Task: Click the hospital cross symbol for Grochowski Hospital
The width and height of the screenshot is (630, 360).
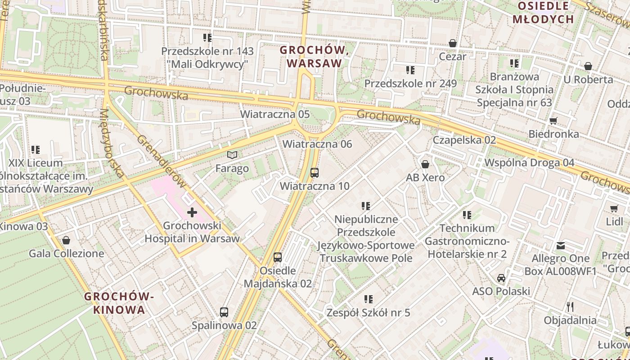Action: [x=192, y=212]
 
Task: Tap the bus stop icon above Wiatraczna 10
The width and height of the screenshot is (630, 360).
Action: [x=315, y=172]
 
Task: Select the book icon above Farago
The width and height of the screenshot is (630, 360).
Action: [x=232, y=155]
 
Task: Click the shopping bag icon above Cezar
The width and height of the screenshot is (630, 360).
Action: [x=453, y=43]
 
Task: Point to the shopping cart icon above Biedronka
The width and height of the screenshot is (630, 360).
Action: [x=553, y=121]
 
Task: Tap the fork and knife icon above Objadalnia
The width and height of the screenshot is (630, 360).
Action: [x=570, y=307]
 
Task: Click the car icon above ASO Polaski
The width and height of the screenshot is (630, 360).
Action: [x=501, y=278]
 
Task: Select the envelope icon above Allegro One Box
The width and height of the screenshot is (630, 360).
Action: [x=560, y=245]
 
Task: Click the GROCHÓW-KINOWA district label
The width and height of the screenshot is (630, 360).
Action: [x=119, y=303]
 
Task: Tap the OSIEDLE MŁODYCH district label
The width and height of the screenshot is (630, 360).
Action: [x=544, y=13]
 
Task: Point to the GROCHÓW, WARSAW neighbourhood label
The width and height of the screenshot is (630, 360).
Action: [x=315, y=57]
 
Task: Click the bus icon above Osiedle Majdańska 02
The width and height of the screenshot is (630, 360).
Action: [x=278, y=257]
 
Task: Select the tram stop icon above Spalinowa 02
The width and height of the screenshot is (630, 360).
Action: [x=224, y=312]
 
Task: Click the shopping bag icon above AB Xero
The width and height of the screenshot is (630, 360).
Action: [x=425, y=164]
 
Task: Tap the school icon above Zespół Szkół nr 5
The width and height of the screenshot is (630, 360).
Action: [x=369, y=299]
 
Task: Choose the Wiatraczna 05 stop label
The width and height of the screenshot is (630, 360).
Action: [x=274, y=114]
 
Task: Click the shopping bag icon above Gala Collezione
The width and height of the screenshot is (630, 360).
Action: [x=66, y=240]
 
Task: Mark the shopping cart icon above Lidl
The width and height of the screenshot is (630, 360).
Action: [x=614, y=208]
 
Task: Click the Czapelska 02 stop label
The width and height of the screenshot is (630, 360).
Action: [x=464, y=140]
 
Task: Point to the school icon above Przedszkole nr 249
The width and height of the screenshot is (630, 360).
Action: [x=410, y=70]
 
